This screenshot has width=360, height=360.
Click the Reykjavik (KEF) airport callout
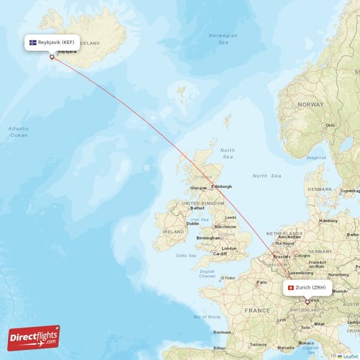pos(52,43)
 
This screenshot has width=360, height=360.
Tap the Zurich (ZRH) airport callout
pos(307,288)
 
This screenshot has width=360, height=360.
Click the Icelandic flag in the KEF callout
pos(33,43)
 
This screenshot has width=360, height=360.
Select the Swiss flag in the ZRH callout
pos(291,288)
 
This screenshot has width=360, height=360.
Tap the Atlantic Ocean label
pos(19,131)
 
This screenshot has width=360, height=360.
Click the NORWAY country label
pos(311,104)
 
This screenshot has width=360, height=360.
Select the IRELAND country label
pos(174,232)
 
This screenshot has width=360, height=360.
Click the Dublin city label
pos(192,223)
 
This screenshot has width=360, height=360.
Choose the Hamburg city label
pos(328,220)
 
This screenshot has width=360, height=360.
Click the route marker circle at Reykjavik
pos(52,58)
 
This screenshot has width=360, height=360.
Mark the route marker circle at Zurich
pos(307,302)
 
